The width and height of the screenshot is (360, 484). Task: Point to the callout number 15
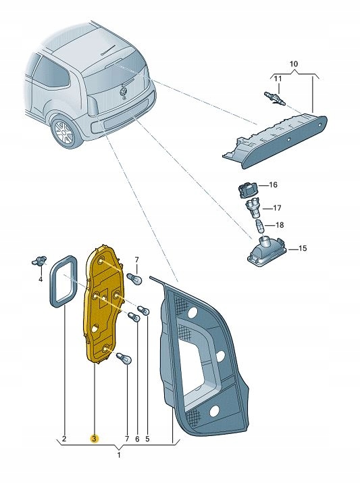click(302, 249)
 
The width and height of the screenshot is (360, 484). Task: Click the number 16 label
click(274, 185)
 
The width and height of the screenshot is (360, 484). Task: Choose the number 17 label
click(277, 208)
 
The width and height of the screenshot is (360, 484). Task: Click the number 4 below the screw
click(40, 278)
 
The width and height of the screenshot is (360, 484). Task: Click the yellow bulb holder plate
click(101, 304)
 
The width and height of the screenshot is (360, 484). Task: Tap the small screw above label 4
click(41, 260)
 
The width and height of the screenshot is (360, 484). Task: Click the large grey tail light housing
click(203, 358)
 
